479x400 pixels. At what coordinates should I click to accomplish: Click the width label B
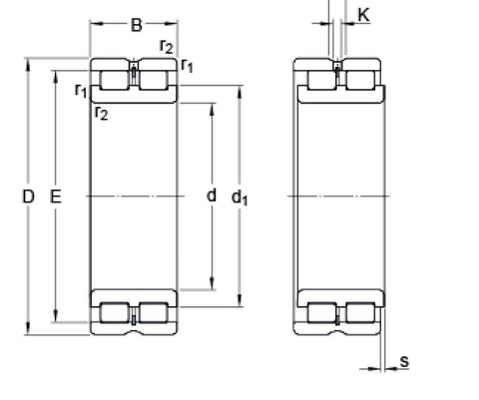pos(136,25)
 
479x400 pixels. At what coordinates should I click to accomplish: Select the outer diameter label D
pos(28,197)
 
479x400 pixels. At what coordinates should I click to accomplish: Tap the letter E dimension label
pos(56,197)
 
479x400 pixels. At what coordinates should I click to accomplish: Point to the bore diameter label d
pos(212,196)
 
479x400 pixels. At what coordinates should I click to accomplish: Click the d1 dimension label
pos(240,198)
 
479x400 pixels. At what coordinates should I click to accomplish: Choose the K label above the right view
pos(362,16)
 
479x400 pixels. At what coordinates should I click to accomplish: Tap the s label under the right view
pos(404,360)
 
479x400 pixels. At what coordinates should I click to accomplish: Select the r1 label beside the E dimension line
pos(80,91)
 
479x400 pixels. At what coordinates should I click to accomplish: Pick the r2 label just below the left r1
pos(101,112)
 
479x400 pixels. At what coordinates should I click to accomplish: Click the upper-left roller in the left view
pos(115,79)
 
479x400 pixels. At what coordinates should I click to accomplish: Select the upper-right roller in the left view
pos(154,79)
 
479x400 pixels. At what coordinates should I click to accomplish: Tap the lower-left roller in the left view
pos(115,312)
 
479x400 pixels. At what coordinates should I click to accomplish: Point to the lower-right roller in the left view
pos(154,312)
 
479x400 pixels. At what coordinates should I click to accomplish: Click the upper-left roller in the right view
pos(319,79)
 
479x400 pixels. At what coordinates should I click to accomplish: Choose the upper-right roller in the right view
pos(357,79)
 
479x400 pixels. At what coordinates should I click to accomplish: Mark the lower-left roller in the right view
pos(319,312)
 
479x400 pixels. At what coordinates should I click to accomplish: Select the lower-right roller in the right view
pos(357,312)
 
